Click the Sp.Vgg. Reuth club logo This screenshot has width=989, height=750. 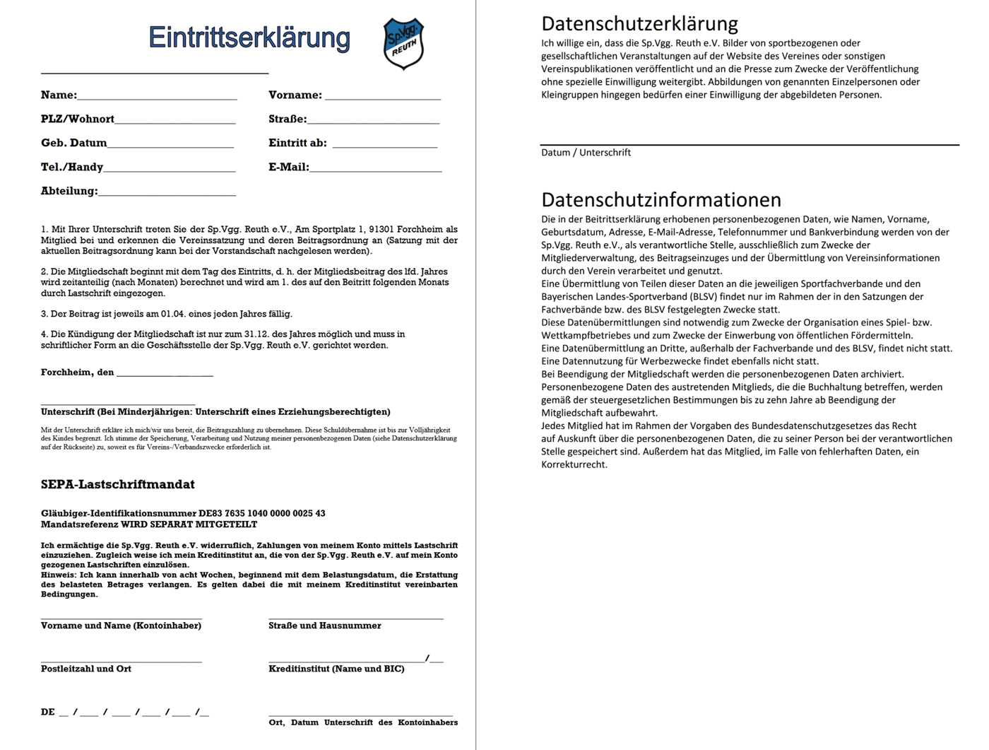pyautogui.click(x=403, y=43)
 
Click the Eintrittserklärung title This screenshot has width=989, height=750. pyautogui.click(x=249, y=37)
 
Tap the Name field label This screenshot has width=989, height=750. pyautogui.click(x=58, y=95)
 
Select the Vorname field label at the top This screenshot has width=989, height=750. pyautogui.click(x=295, y=95)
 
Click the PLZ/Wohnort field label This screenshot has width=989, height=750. pyautogui.click(x=77, y=119)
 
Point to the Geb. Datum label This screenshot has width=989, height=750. pyautogui.click(x=73, y=143)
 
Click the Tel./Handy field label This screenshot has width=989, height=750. pyautogui.click(x=71, y=168)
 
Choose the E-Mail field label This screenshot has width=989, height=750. pyautogui.click(x=288, y=168)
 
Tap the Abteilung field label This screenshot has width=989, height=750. pyautogui.click(x=69, y=192)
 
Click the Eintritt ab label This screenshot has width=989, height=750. pyautogui.click(x=297, y=143)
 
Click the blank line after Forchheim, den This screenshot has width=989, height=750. pyautogui.click(x=165, y=373)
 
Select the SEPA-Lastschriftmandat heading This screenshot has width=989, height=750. pyautogui.click(x=117, y=485)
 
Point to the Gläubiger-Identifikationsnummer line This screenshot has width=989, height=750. pyautogui.click(x=183, y=513)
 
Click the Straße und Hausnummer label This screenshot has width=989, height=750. pyautogui.click(x=324, y=626)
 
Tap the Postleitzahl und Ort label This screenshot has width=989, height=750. pyautogui.click(x=85, y=669)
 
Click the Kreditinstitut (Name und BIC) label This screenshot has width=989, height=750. pyautogui.click(x=336, y=669)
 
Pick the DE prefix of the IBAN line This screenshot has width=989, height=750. pyautogui.click(x=47, y=712)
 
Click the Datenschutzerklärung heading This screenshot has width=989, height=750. pyautogui.click(x=639, y=24)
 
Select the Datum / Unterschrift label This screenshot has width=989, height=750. pyautogui.click(x=586, y=153)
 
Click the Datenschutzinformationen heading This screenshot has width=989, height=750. pyautogui.click(x=661, y=199)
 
